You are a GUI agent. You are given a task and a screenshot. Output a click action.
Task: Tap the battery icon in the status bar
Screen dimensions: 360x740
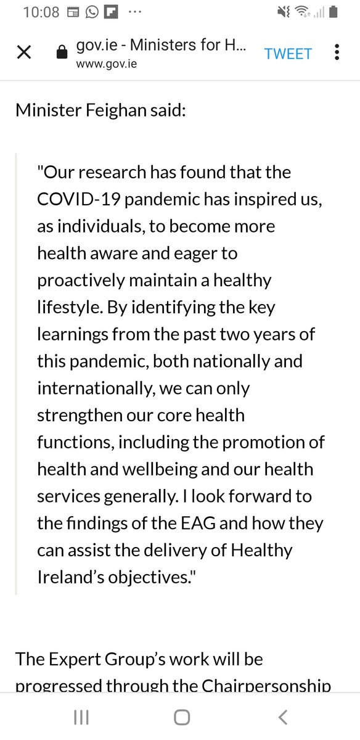pyautogui.click(x=333, y=12)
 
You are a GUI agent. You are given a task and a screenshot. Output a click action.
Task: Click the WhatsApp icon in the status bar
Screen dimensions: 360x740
pyautogui.click(x=92, y=12)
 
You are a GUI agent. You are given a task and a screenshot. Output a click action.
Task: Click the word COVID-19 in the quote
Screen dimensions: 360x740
pyautogui.click(x=75, y=199)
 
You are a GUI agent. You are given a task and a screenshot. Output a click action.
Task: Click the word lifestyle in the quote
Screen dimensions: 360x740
pyautogui.click(x=63, y=306)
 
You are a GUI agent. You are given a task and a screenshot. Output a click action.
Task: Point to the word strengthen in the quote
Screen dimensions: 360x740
pyautogui.click(x=78, y=414)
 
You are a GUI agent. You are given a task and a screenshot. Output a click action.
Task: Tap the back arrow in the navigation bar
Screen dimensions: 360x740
pyautogui.click(x=282, y=717)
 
